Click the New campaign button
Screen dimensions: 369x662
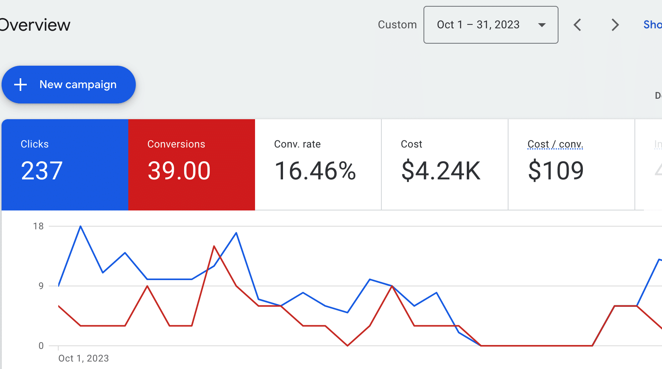tap(69, 85)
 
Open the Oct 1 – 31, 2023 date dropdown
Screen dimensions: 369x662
tap(490, 25)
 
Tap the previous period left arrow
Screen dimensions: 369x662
tap(577, 25)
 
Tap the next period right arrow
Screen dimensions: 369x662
tap(615, 25)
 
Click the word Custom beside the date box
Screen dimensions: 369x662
tap(397, 25)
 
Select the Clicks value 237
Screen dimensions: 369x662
tap(42, 171)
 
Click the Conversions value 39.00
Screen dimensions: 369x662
tap(179, 171)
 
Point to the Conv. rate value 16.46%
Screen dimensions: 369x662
tap(315, 171)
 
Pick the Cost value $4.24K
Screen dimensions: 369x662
tap(441, 171)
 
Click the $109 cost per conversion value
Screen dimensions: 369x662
tap(556, 171)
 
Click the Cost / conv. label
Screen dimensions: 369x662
tap(555, 144)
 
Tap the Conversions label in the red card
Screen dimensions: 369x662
tap(176, 144)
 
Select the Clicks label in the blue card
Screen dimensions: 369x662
tap(35, 144)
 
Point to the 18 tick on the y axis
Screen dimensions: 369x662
tap(38, 226)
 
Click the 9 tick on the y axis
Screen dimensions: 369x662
tap(41, 286)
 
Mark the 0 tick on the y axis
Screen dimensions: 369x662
tap(41, 346)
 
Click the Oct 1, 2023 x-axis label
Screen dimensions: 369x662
tap(83, 358)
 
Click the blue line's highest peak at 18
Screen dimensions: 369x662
tap(81, 227)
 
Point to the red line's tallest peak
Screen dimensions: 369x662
tap(214, 246)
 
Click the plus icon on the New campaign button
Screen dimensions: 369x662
tap(20, 85)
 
